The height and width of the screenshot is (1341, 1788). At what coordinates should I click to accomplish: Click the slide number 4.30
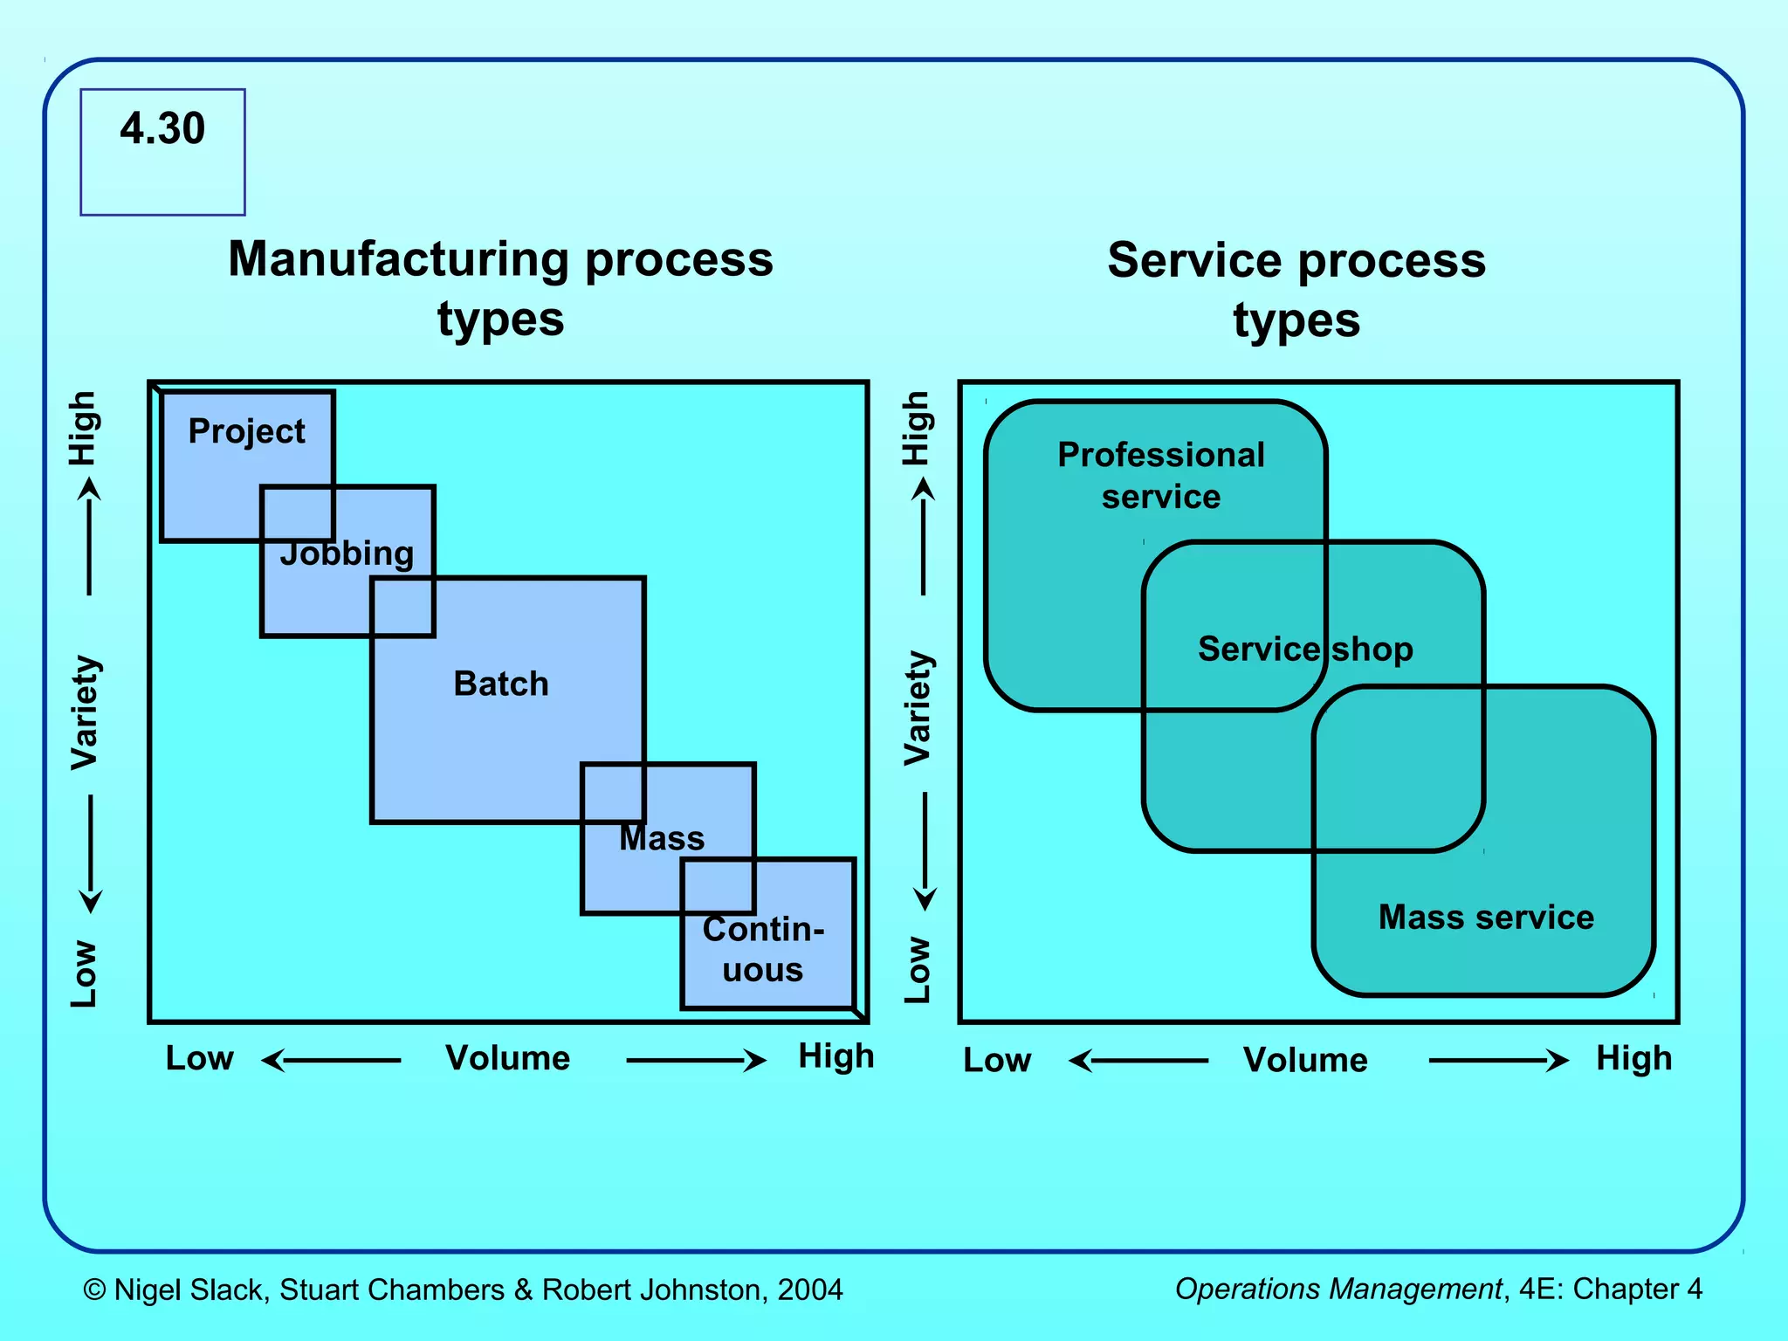162,128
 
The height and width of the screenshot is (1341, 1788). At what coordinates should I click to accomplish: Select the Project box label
247,431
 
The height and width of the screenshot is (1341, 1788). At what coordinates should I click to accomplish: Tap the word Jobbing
347,554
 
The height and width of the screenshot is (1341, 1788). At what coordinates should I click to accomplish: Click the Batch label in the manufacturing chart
501,684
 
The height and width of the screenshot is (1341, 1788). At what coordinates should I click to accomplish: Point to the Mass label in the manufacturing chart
662,838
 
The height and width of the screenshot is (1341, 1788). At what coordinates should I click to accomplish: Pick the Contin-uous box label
763,949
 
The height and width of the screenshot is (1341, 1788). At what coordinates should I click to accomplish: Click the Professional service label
1160,475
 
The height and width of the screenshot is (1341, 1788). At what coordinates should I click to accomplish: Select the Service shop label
1304,649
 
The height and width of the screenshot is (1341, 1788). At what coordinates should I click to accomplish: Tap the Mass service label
1486,917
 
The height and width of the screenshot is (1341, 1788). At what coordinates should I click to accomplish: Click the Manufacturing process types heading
501,288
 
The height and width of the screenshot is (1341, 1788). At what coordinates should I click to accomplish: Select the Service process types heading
1296,289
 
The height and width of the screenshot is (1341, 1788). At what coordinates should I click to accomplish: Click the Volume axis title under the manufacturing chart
507,1058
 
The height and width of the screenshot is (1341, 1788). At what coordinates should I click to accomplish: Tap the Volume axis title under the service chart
1305,1060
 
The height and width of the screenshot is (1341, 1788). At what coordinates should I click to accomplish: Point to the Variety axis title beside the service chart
918,708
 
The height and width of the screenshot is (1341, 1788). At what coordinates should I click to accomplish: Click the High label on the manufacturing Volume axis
836,1056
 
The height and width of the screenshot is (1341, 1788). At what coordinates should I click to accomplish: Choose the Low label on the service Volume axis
996,1060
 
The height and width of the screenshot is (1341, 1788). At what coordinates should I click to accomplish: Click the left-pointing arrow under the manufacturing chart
331,1061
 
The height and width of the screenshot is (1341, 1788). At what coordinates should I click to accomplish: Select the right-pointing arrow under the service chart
1498,1061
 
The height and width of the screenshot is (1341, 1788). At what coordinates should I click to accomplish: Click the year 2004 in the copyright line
810,1289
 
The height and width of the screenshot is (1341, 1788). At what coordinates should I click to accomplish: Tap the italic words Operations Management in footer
1338,1289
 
